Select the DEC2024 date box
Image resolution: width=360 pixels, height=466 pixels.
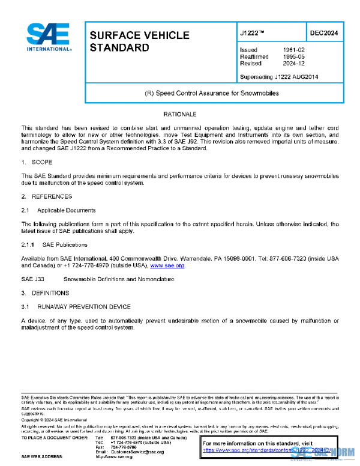pos(322,33)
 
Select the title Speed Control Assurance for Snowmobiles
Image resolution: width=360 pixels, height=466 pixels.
pos(212,94)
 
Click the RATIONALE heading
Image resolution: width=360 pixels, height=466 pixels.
pos(179,113)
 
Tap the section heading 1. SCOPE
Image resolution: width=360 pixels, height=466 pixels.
pos(37,162)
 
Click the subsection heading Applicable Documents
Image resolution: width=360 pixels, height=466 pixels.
pos(66,210)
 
